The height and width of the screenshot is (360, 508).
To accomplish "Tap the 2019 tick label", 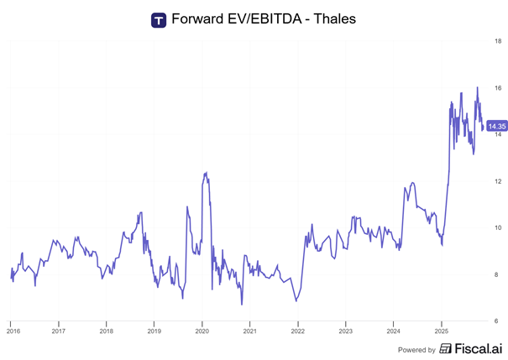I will [x=154, y=331].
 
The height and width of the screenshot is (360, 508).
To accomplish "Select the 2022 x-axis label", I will [x=298, y=331].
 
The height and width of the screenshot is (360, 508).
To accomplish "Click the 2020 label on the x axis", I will [x=202, y=331].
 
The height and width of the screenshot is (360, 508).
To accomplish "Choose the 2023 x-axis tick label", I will [x=346, y=331].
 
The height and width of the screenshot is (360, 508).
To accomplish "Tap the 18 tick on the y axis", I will [x=498, y=40].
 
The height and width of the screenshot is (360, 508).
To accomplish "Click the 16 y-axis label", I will [x=498, y=87].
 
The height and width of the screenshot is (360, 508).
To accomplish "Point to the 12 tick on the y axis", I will [x=498, y=181].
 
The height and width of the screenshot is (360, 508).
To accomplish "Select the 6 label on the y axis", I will [x=498, y=321].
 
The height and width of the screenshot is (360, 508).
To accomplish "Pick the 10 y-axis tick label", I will [x=498, y=227].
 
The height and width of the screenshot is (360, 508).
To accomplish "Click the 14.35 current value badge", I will [x=496, y=127].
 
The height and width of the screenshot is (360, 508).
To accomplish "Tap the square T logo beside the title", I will [x=158, y=19].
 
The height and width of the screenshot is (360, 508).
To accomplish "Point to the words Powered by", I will [x=416, y=349].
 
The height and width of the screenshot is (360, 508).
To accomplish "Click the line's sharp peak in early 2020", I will [x=205, y=172].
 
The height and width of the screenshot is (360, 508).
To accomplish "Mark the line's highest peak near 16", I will [x=477, y=87].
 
